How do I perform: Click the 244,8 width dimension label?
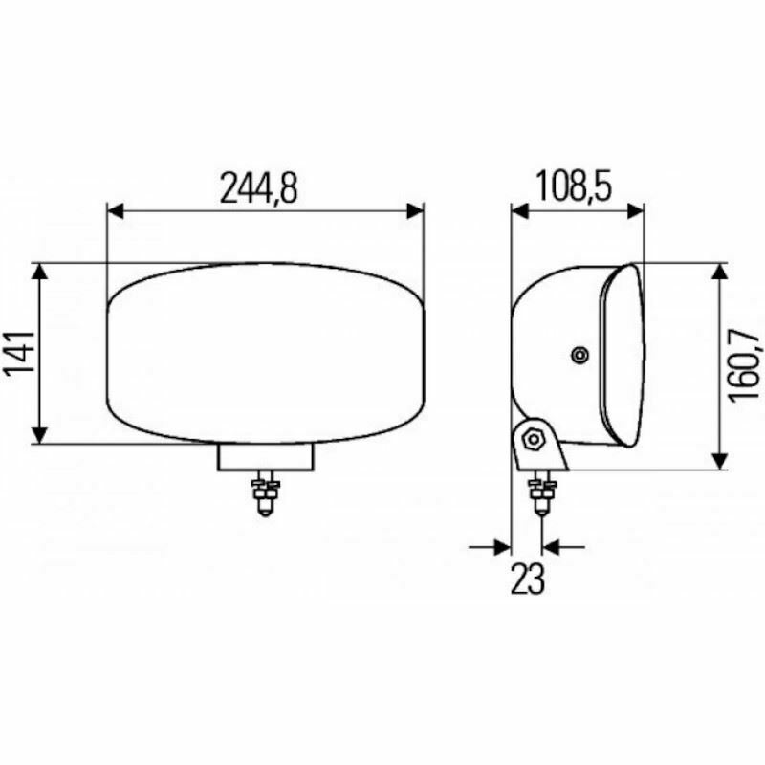(259, 188)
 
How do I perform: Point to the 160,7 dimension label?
(743, 365)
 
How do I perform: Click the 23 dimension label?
(527, 579)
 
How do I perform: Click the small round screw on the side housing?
(579, 356)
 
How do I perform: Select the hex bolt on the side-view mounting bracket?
(533, 441)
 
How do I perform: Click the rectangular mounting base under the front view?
(266, 457)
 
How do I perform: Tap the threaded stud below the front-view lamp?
(265, 496)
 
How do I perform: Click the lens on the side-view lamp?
(622, 354)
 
